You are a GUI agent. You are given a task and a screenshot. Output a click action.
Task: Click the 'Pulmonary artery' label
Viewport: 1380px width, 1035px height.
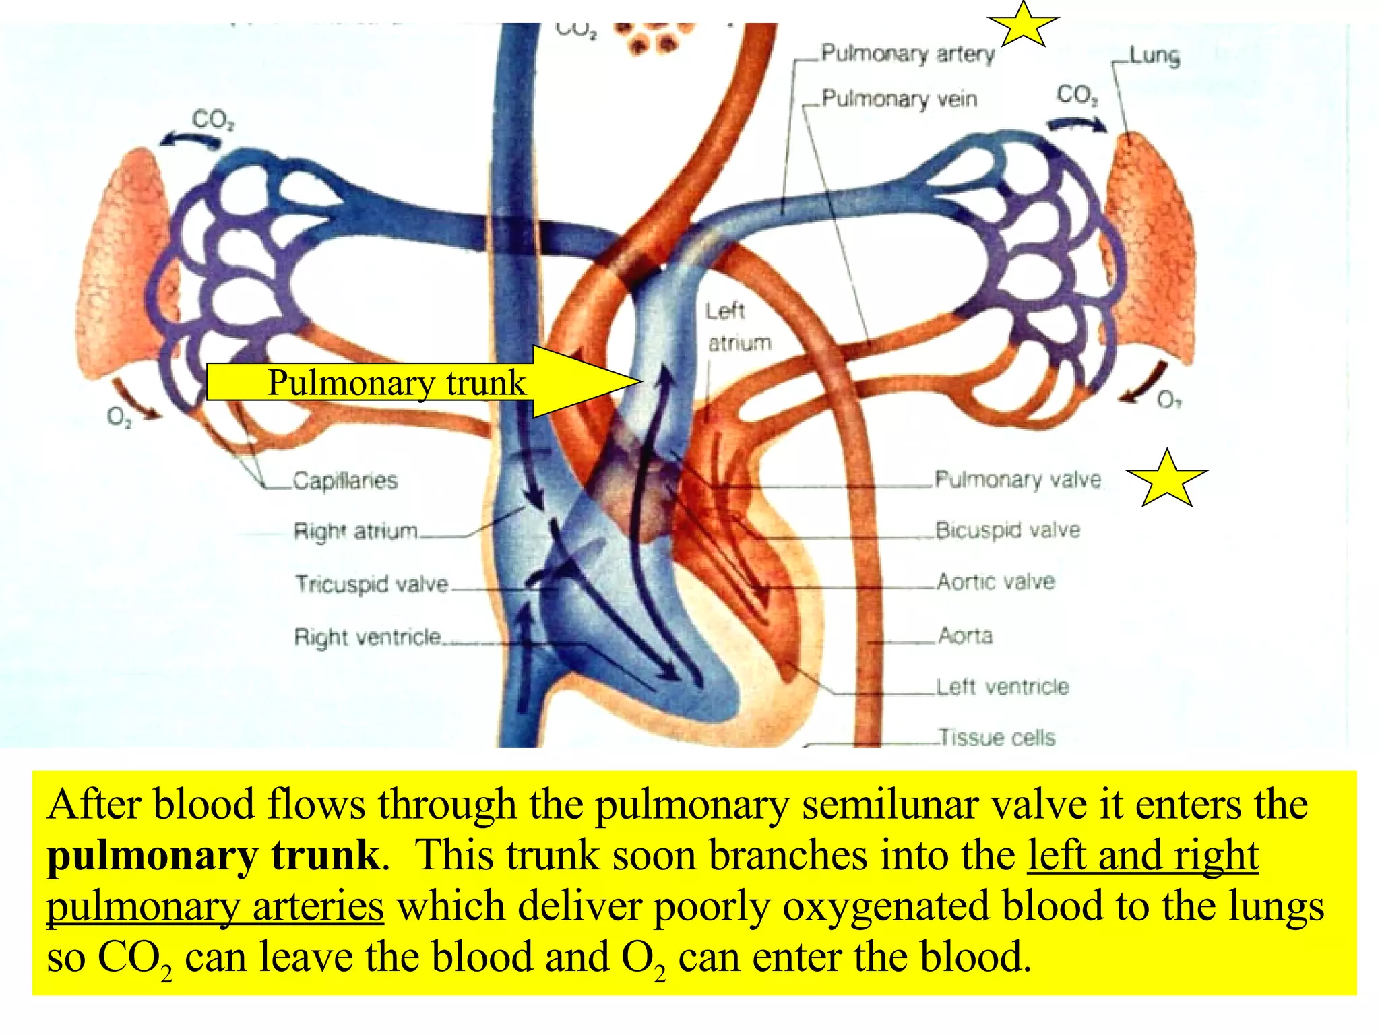click(907, 54)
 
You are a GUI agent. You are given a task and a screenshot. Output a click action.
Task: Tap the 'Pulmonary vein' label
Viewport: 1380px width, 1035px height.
click(899, 99)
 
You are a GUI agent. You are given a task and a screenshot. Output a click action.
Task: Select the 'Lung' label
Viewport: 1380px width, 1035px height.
click(1154, 56)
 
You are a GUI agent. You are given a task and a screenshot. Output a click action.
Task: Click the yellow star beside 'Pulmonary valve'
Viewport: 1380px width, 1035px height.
click(1167, 479)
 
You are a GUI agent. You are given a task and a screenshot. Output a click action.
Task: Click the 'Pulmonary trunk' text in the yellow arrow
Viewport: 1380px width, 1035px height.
click(396, 383)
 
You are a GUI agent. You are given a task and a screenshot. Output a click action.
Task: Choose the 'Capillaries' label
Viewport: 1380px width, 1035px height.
click(345, 480)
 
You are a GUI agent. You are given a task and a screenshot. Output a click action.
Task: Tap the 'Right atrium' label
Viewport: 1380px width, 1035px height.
click(356, 531)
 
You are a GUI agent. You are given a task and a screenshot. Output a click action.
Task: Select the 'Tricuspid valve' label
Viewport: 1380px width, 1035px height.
click(371, 584)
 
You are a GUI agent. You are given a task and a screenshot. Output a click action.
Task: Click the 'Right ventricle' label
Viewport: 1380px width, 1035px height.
click(368, 637)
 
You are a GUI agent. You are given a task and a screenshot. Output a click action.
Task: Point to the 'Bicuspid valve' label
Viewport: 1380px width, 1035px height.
click(1007, 530)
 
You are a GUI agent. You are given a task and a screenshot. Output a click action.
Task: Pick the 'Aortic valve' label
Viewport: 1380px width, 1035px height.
click(996, 582)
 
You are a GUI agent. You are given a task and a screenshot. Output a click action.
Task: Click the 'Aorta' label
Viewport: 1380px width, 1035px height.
click(966, 635)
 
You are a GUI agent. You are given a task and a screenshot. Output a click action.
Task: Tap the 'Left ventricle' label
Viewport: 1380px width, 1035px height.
click(1003, 687)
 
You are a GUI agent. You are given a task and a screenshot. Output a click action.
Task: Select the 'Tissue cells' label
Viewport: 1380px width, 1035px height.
click(997, 737)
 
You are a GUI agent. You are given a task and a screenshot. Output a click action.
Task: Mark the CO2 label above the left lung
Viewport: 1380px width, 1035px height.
click(213, 120)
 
